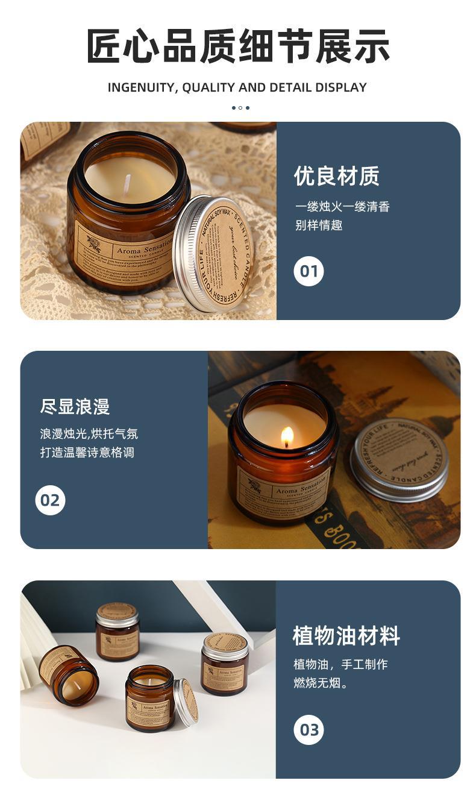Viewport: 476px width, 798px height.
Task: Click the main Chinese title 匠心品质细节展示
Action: point(237,46)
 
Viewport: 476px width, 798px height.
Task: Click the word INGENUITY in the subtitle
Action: point(140,87)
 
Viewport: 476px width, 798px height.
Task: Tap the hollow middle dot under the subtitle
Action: point(240,108)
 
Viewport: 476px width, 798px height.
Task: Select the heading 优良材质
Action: point(336,177)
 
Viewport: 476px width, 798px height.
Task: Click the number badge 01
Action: point(308,271)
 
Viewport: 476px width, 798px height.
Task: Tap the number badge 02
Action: point(50,500)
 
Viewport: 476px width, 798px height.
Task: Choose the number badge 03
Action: point(308,730)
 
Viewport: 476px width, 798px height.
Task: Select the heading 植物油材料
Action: point(346,636)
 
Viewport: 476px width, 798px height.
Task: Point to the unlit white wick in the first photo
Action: point(127,186)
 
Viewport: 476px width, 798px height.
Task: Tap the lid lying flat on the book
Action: point(399,459)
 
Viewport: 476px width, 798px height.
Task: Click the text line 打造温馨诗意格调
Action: point(87,452)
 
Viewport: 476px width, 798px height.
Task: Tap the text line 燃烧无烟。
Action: point(321,683)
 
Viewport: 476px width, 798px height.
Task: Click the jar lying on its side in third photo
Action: point(69,674)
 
